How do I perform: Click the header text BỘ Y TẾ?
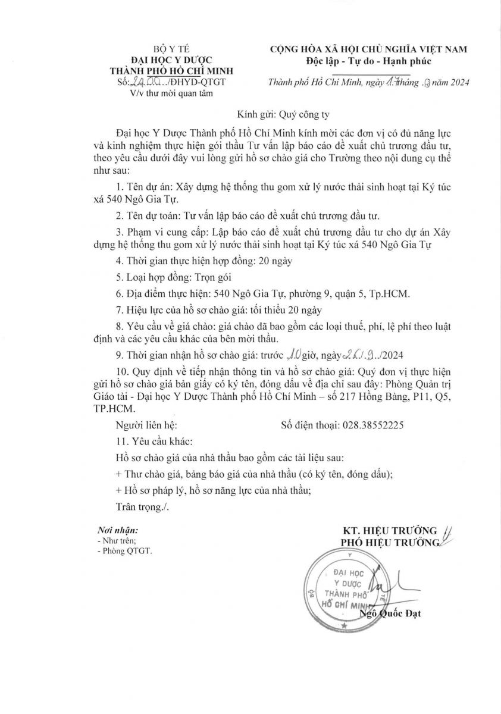[x=167, y=48]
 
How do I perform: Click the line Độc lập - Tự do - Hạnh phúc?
[x=368, y=60]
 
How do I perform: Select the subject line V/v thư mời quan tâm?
[x=167, y=93]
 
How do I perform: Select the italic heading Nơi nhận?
[x=117, y=530]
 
